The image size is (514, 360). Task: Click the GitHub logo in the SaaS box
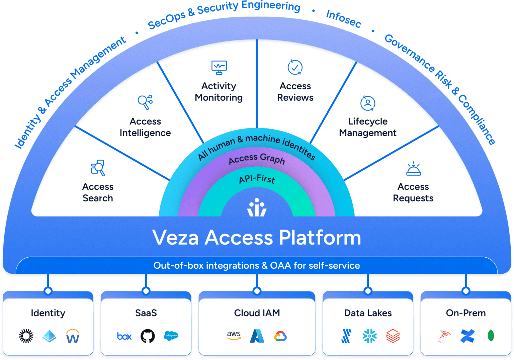pyautogui.click(x=148, y=336)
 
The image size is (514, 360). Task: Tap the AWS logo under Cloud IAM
pyautogui.click(x=234, y=335)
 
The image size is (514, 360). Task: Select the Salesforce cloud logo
pyautogui.click(x=171, y=336)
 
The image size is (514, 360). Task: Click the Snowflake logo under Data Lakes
pyautogui.click(x=369, y=336)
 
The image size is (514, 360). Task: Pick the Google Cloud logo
pyautogui.click(x=280, y=336)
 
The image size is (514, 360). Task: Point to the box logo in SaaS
pyautogui.click(x=124, y=336)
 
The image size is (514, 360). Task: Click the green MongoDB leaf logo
pyautogui.click(x=491, y=336)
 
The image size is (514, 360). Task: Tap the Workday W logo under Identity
pyautogui.click(x=73, y=336)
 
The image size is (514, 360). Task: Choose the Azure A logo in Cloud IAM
pyautogui.click(x=257, y=336)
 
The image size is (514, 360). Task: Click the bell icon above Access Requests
pyautogui.click(x=413, y=169)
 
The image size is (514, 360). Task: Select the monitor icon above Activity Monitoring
pyautogui.click(x=219, y=67)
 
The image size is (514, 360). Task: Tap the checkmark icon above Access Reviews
pyautogui.click(x=295, y=67)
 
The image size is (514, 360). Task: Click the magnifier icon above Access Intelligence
pyautogui.click(x=145, y=102)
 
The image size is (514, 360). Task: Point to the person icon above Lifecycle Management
pyautogui.click(x=367, y=103)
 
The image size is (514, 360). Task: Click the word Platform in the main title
pyautogui.click(x=320, y=238)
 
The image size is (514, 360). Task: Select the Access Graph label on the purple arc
pyautogui.click(x=257, y=159)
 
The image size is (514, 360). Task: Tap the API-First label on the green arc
pyautogui.click(x=257, y=179)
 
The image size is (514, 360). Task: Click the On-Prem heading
pyautogui.click(x=466, y=313)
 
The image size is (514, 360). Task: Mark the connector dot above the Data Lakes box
pyautogui.click(x=368, y=291)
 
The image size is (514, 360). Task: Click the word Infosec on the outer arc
pyautogui.click(x=344, y=18)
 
